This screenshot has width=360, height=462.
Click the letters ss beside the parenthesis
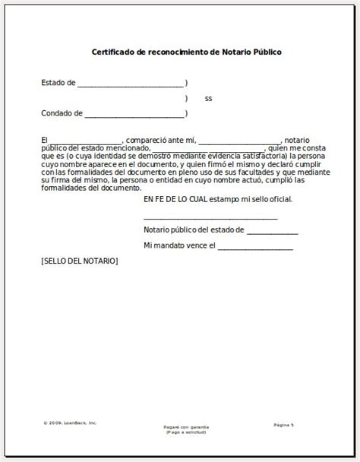[209, 100]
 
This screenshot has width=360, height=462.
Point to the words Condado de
[62, 115]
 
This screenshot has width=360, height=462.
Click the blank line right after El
[84, 141]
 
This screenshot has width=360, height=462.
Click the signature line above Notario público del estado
[210, 218]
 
